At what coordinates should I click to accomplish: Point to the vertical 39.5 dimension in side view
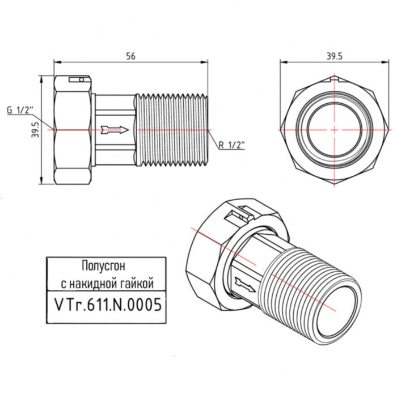click(35, 130)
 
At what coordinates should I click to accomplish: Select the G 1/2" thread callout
click(22, 110)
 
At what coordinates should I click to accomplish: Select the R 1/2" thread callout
click(229, 145)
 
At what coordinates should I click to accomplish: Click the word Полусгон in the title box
click(106, 265)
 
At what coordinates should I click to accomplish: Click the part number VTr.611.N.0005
click(106, 304)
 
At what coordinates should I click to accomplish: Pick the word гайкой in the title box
click(136, 282)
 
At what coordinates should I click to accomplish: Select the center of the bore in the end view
click(334, 130)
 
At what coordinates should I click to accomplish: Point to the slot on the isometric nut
click(238, 216)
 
